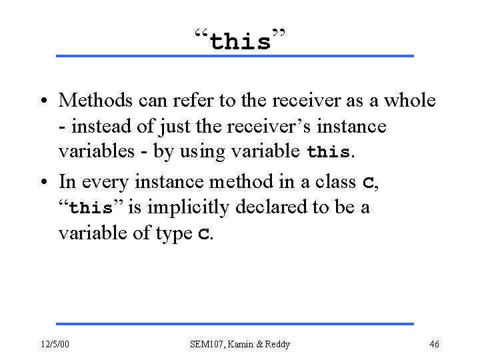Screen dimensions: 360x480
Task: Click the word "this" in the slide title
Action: pyautogui.click(x=240, y=43)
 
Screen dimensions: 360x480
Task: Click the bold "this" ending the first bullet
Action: pyautogui.click(x=328, y=151)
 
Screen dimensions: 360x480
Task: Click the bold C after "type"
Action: pyautogui.click(x=203, y=234)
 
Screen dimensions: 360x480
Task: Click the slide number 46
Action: pyautogui.click(x=433, y=344)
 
